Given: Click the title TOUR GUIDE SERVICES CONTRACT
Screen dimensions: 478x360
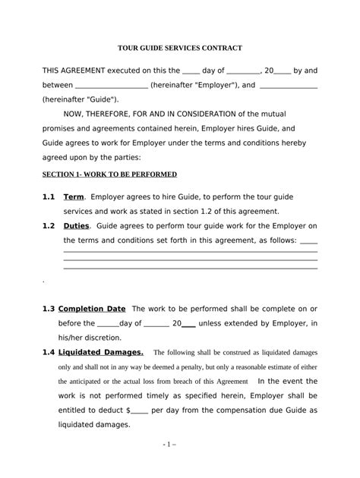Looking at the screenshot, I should pos(180,48).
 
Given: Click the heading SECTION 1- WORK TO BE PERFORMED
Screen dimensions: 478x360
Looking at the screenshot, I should pos(109,174).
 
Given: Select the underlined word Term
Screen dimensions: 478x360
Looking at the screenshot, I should pos(74,197).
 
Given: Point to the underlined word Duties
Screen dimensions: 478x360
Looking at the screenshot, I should pos(78,226).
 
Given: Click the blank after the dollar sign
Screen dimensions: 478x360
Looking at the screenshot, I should pos(139,410).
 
